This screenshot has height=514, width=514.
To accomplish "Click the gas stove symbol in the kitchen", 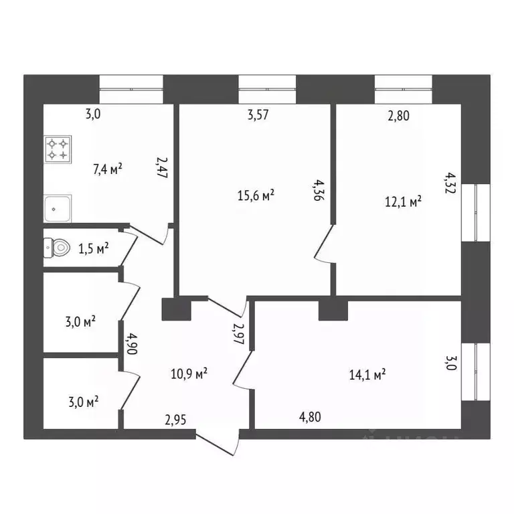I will coord(57,149).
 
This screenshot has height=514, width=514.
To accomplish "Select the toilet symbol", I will coord(57,248).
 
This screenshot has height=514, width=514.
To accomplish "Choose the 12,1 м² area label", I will coord(402,201).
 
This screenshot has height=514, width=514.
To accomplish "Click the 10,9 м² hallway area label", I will coord(189,373).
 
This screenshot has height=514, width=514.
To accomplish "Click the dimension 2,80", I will coord(398,115).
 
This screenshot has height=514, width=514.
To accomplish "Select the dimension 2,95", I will coord(176,420).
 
